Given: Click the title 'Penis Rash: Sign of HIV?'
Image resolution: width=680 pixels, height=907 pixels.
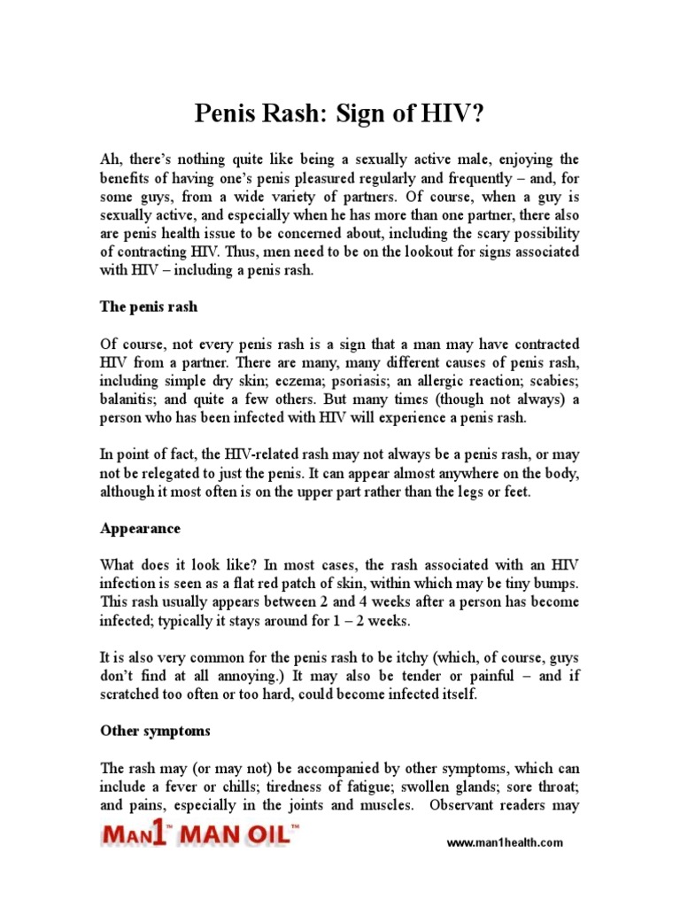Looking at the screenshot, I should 339,114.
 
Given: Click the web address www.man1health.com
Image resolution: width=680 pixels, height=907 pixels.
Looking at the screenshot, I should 504,843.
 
